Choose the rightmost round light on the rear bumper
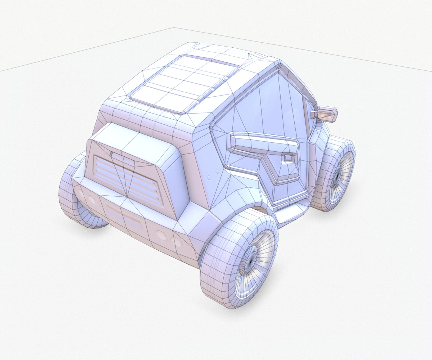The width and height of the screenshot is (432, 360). coord(174,241)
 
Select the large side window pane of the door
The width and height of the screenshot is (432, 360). coord(263,107)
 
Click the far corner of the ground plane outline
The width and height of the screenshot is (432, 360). coord(173,28)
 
